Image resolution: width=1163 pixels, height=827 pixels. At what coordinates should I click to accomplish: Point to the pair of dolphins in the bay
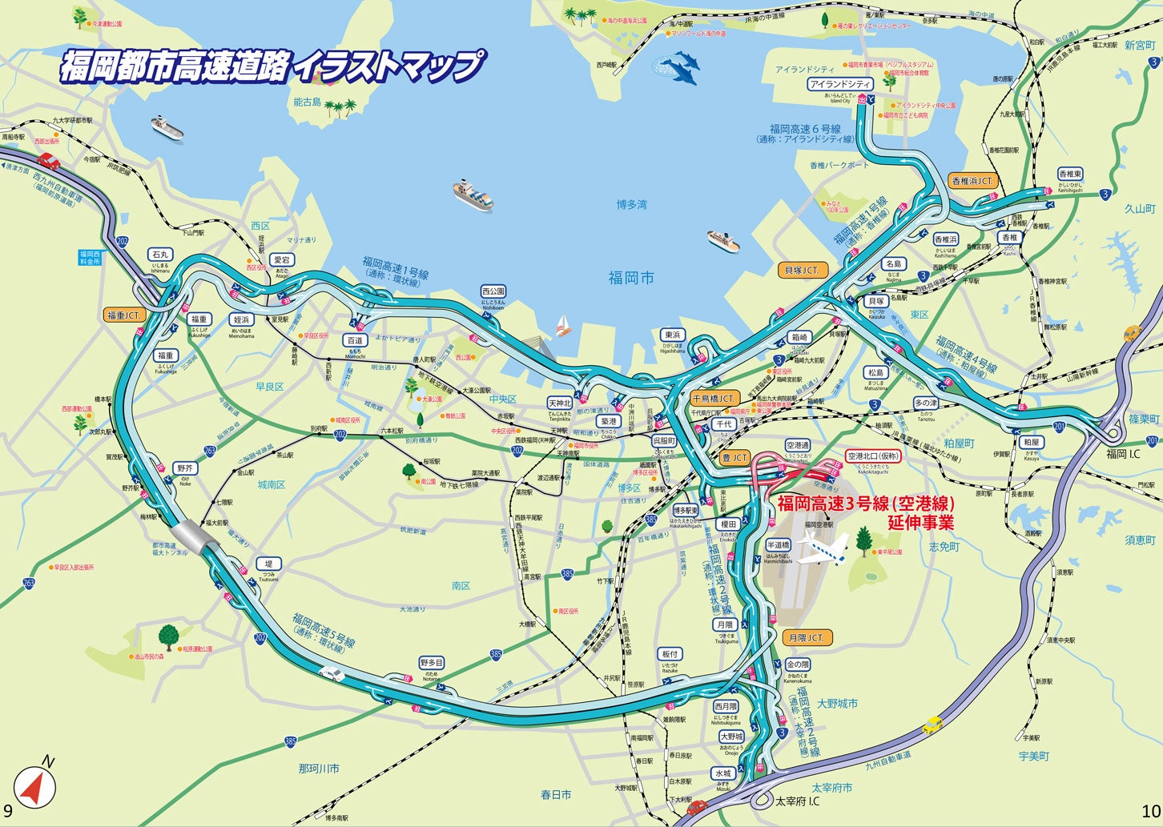[x=679, y=67]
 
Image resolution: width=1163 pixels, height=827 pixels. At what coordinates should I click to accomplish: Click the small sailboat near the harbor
[x=563, y=325]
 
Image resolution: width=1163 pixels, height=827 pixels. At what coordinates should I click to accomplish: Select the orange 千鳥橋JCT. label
[x=713, y=398]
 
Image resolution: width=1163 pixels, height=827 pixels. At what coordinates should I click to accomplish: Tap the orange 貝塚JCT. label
[x=802, y=271]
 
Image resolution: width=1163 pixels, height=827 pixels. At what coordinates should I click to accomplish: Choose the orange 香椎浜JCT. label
[x=972, y=181]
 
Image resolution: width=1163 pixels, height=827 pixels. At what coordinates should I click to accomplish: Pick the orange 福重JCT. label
[x=124, y=315]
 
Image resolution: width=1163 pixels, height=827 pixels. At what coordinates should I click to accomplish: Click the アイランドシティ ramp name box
[x=839, y=84]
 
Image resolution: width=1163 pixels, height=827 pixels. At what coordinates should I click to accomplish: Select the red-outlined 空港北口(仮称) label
[x=874, y=456]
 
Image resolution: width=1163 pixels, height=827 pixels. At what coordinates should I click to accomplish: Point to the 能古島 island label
[x=307, y=102]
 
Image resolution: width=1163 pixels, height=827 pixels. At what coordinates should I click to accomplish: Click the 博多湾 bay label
[x=631, y=205]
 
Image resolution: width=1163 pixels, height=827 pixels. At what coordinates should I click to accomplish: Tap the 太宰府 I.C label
[x=797, y=801]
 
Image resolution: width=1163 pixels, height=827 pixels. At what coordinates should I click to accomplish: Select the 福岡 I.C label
[x=1123, y=454]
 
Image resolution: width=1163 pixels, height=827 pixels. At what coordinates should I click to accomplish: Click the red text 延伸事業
[x=921, y=524]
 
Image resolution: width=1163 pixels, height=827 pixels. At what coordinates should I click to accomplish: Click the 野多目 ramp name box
[x=432, y=663]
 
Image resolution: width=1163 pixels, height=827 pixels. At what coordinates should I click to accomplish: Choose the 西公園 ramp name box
[x=493, y=291]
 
